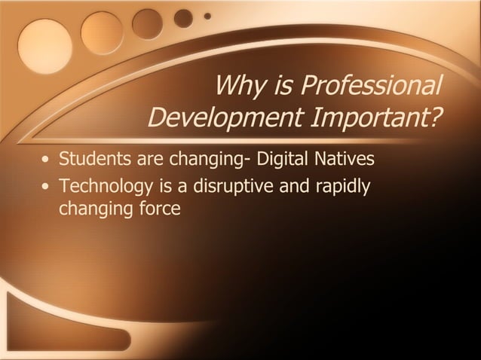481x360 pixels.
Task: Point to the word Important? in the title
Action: click(376, 119)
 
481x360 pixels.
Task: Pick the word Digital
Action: click(283, 160)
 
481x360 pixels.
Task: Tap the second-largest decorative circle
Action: click(102, 32)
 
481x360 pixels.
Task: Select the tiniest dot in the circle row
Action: click(207, 15)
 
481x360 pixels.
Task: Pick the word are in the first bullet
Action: click(149, 160)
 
